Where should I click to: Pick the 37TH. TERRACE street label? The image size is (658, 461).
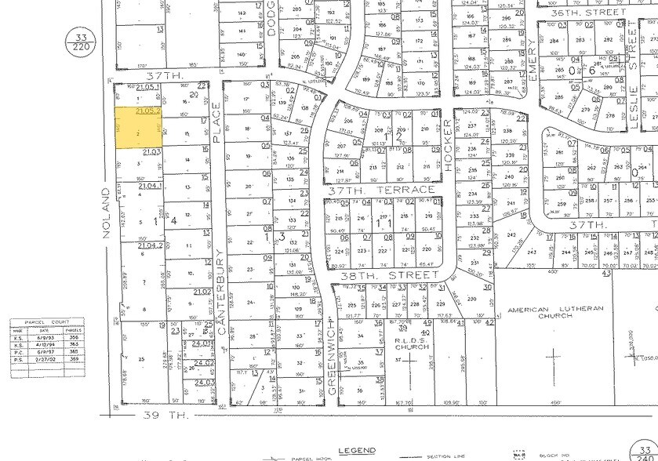coord(380,191)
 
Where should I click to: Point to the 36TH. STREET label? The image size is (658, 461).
coord(598,13)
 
